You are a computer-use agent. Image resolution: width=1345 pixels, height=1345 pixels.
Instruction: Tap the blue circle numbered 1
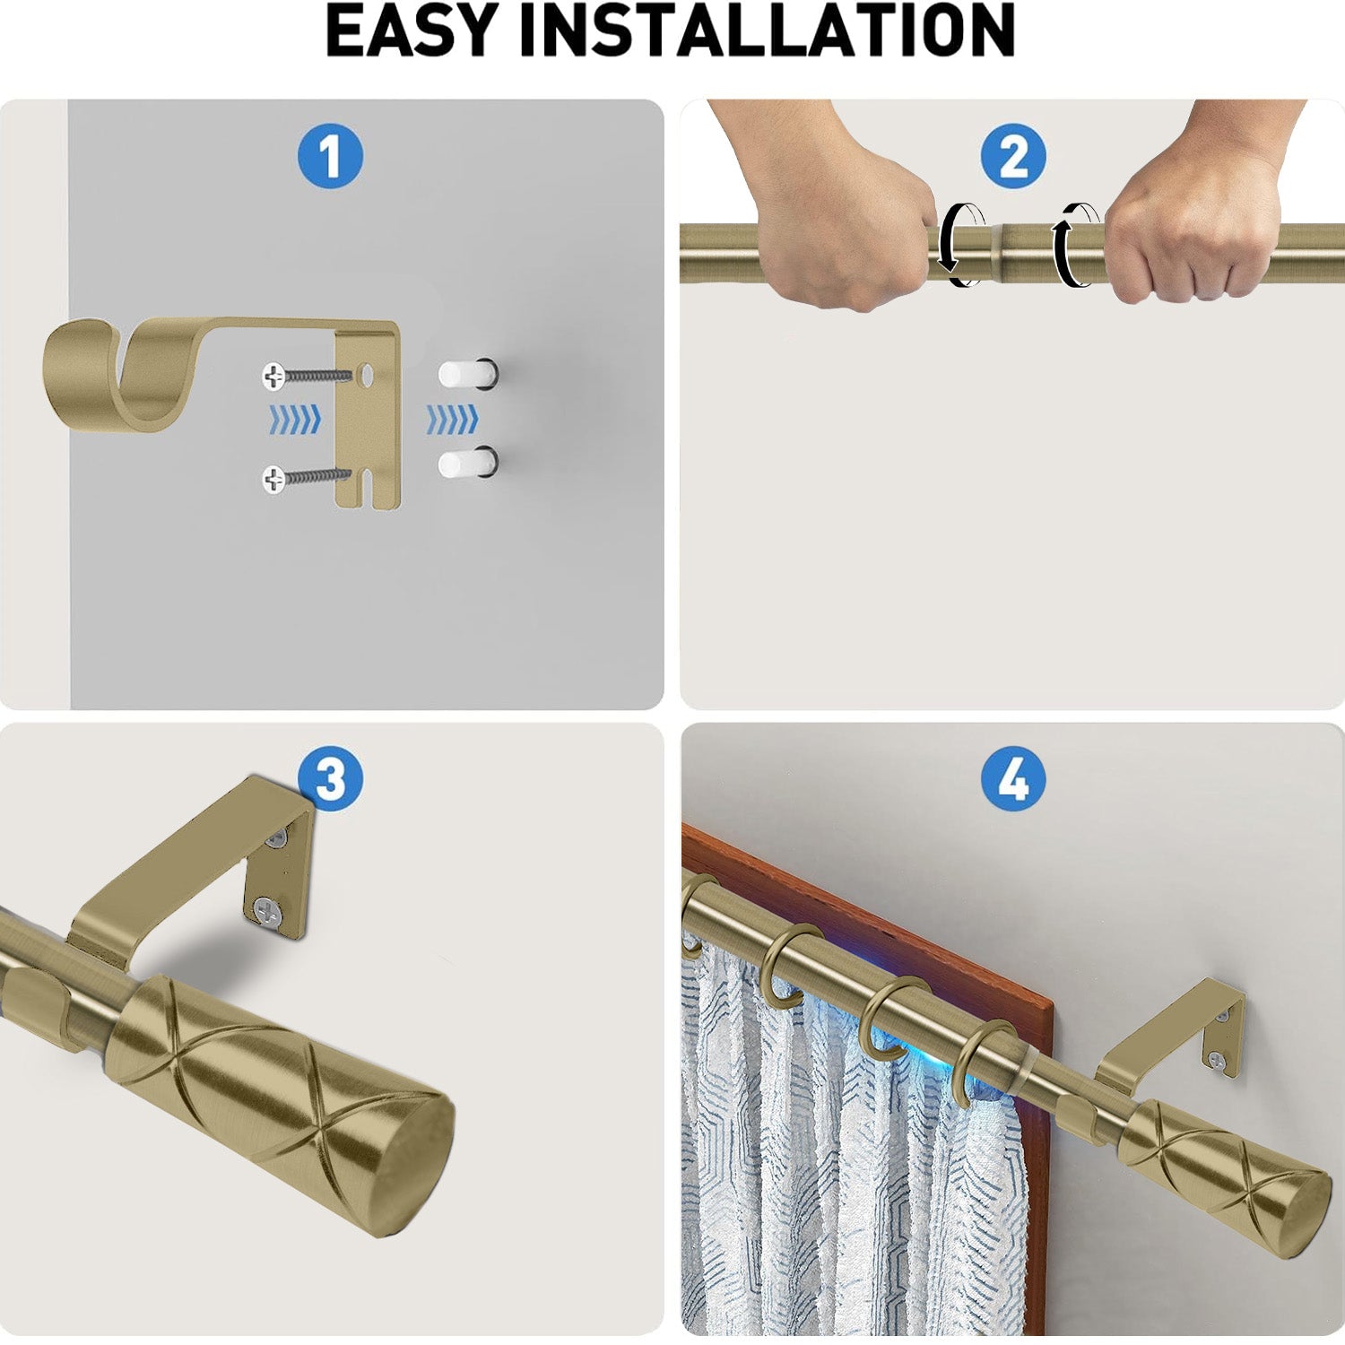[330, 156]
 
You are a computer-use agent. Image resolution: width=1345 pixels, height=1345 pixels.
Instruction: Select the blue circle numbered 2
[1013, 156]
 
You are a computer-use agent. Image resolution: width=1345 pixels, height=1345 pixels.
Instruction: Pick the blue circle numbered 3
[330, 778]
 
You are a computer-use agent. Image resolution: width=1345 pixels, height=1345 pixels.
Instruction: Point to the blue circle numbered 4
[1013, 778]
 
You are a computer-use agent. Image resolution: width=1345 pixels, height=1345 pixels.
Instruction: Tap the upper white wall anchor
[464, 373]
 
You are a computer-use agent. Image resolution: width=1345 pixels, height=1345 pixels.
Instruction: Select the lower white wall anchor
[464, 463]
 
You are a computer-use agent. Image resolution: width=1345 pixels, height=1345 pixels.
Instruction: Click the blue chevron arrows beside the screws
[295, 419]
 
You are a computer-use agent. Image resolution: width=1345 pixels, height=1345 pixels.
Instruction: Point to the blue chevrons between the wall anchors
[452, 419]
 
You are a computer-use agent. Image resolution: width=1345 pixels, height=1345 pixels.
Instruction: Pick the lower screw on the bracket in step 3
[267, 911]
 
